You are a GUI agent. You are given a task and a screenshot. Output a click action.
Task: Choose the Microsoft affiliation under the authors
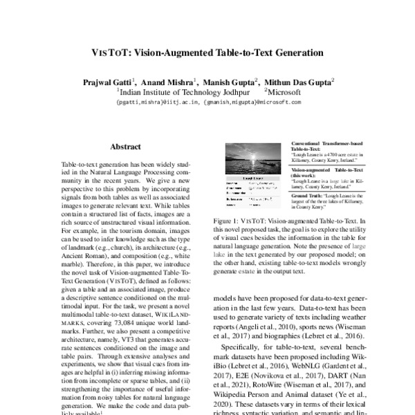[x=284, y=91]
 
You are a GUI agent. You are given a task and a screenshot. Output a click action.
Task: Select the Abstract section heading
[x=125, y=147]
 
